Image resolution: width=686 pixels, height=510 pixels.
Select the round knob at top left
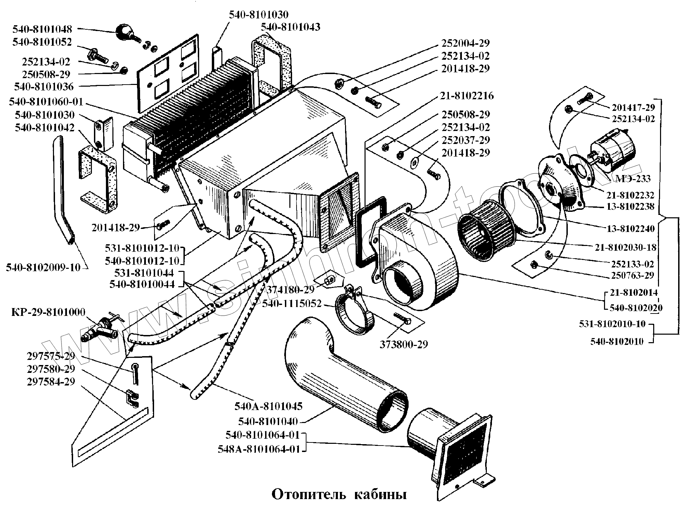(x=124, y=32)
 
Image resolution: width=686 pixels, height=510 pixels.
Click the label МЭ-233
(x=633, y=178)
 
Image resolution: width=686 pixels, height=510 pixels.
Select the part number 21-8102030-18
(x=626, y=247)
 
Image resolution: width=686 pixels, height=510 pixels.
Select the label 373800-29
(x=404, y=345)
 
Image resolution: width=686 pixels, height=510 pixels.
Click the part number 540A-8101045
(x=268, y=406)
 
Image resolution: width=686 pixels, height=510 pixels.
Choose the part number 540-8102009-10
(x=43, y=267)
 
